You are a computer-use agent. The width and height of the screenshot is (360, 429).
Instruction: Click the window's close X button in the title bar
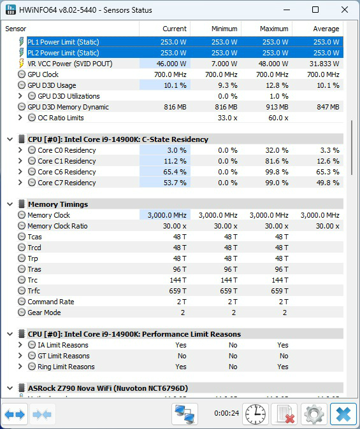(345, 10)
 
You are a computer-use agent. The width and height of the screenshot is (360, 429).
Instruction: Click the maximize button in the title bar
(315, 10)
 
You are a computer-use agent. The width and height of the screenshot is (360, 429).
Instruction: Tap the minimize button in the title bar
(287, 10)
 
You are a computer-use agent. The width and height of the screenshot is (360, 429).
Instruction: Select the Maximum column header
(274, 29)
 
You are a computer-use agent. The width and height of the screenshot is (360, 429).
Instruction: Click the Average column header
(326, 29)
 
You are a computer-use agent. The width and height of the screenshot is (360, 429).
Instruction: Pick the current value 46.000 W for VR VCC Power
(171, 64)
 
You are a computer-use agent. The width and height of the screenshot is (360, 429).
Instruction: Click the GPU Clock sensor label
(43, 74)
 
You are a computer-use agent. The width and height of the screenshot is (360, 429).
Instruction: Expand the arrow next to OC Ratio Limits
(20, 118)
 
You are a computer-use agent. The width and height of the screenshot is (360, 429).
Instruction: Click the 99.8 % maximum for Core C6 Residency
(277, 172)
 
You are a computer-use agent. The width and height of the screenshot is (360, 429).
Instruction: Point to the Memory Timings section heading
(58, 204)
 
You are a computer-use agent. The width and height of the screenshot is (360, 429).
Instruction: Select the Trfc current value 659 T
(178, 291)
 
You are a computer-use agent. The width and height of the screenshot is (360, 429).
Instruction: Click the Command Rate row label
(51, 302)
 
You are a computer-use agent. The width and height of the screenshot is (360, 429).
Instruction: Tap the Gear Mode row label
(44, 313)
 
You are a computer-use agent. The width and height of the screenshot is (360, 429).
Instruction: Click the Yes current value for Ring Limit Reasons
(181, 367)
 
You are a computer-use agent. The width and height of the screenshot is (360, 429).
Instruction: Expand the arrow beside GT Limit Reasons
(20, 356)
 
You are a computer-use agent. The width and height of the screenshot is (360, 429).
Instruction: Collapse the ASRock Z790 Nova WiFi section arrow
(10, 388)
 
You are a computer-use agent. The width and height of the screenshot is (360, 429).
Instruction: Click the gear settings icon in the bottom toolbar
(313, 414)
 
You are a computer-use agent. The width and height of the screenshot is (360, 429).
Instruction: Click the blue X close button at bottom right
(343, 414)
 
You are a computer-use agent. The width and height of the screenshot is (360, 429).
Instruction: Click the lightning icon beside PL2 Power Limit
(21, 53)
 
